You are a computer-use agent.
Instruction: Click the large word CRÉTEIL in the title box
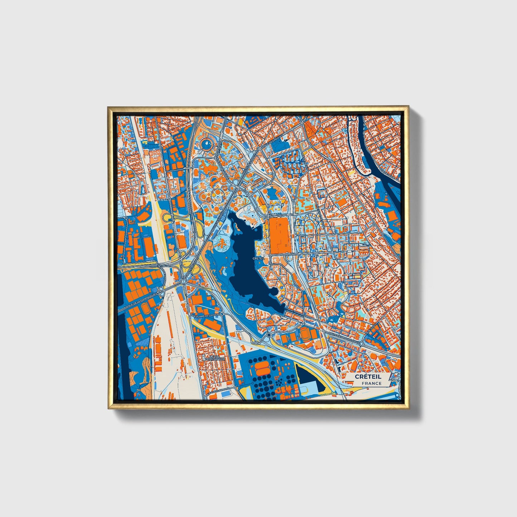point(368,376)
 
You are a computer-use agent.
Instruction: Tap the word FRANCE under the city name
point(371,384)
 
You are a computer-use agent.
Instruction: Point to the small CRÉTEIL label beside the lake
point(258,258)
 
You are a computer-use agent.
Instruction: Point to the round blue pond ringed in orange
point(206,145)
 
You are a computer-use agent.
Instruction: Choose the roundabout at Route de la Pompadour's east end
point(361,343)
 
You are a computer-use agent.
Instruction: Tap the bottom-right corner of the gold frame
point(408,409)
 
